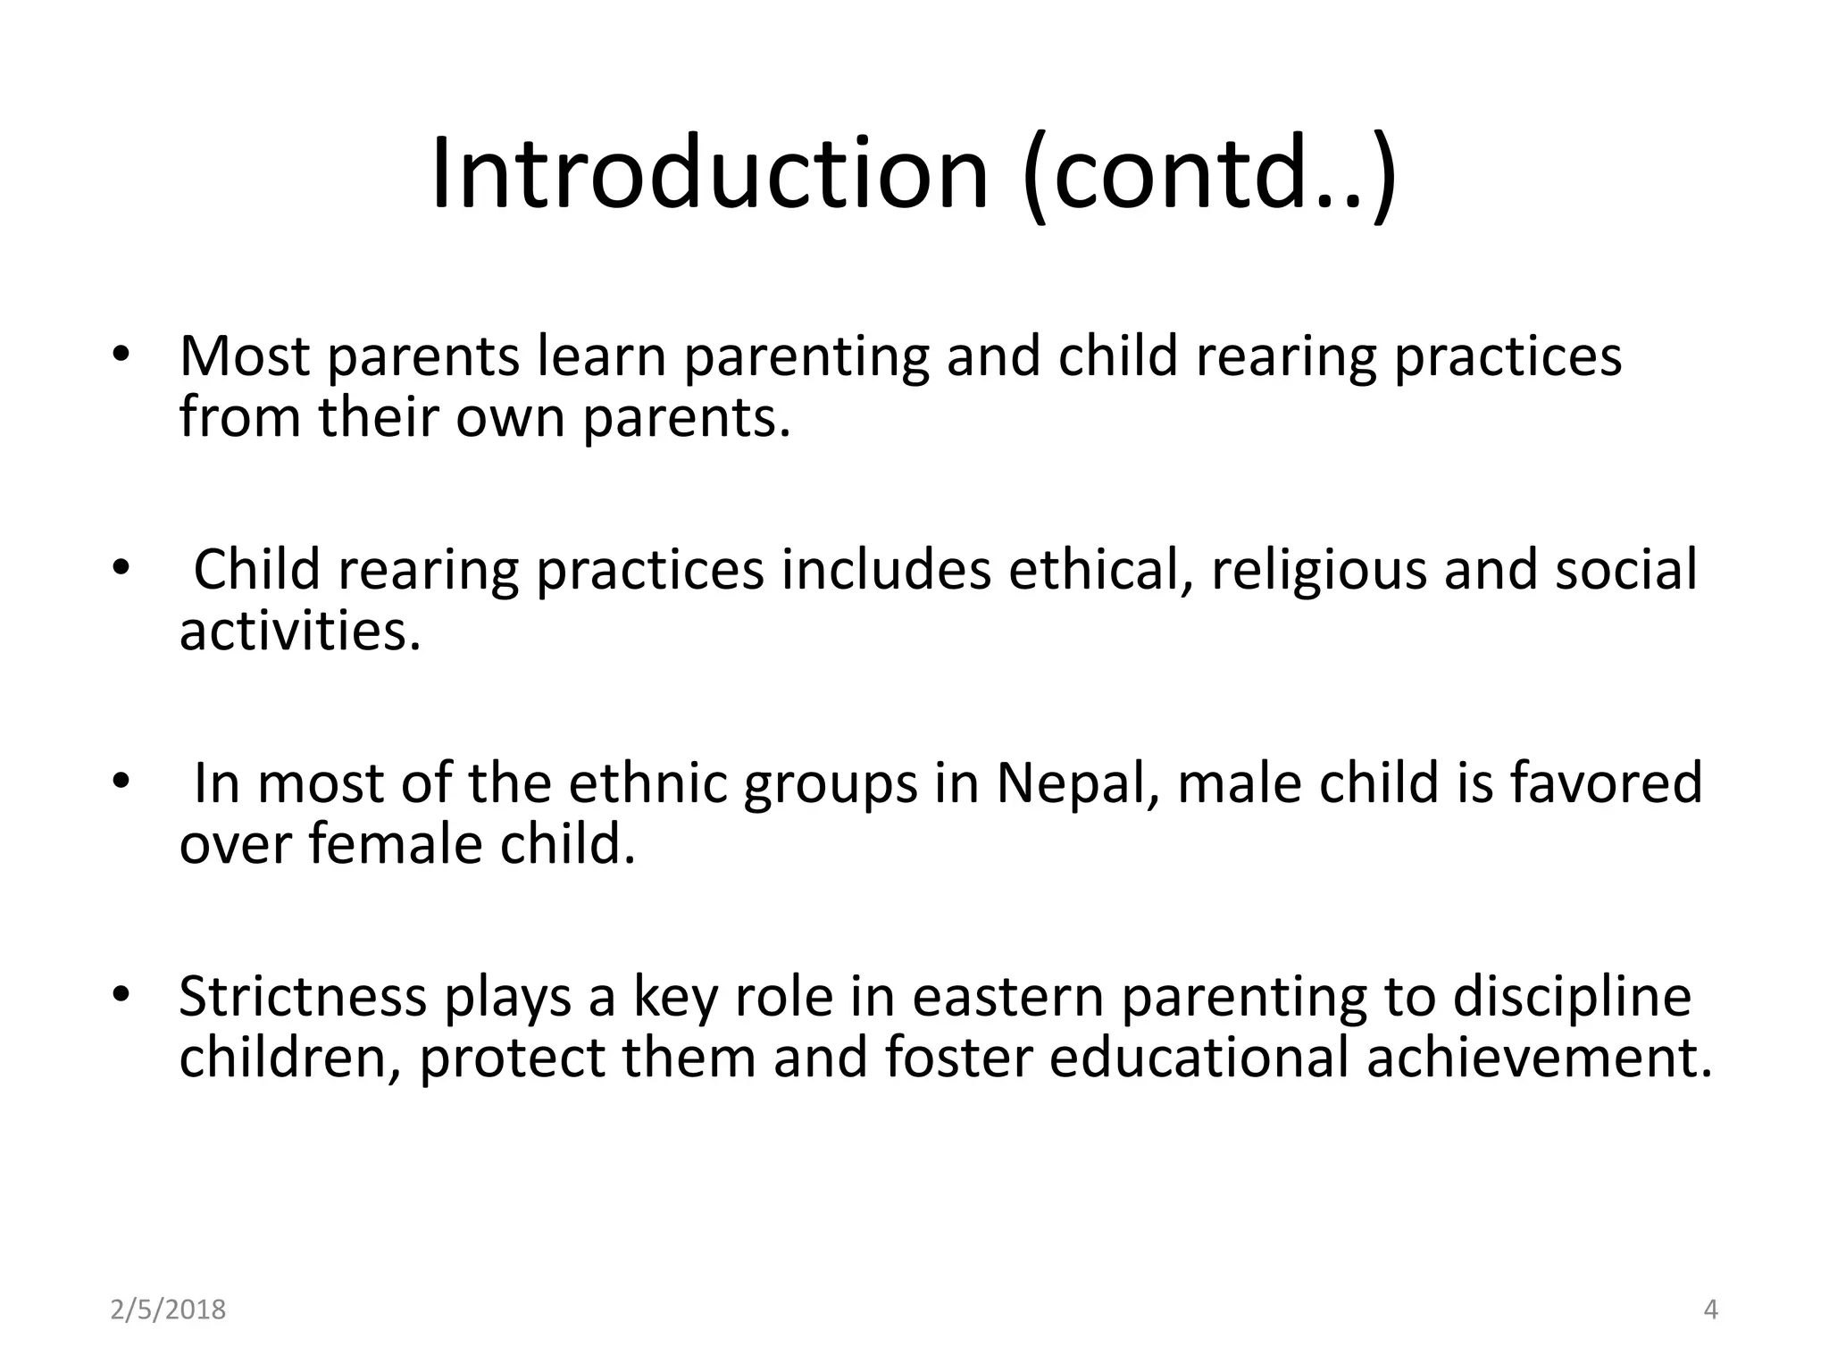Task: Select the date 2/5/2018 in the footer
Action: coord(168,1309)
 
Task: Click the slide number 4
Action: coord(1711,1309)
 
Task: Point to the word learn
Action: coord(602,356)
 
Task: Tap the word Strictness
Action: coord(303,997)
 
